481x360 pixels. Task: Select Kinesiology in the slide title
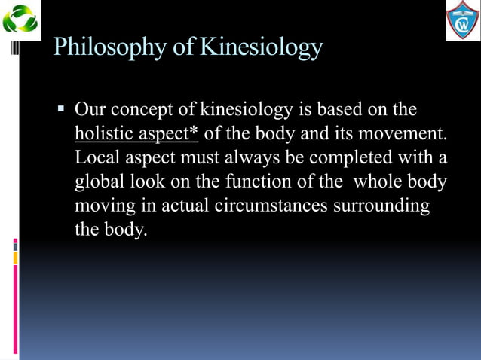(261, 48)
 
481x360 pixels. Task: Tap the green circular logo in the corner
(20, 19)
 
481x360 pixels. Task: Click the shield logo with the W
(462, 20)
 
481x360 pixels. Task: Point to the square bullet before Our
(62, 110)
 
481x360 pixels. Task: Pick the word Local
(97, 158)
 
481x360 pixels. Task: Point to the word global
(99, 182)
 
